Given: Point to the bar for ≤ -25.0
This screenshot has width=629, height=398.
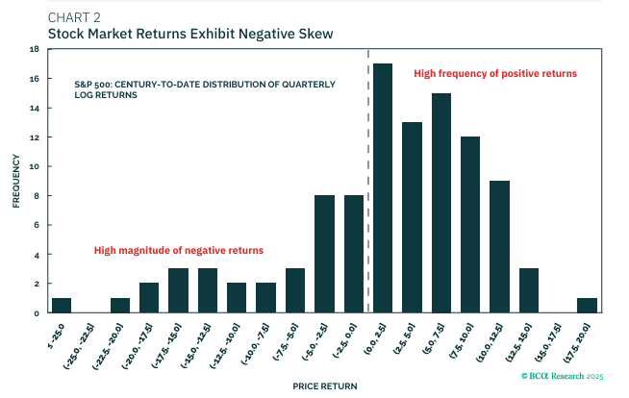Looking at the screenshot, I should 62,306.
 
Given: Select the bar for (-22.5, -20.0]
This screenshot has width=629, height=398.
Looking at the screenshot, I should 120,306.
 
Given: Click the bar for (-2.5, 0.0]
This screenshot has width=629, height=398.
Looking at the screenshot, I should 354,255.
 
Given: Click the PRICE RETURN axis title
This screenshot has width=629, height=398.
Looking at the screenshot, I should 326,386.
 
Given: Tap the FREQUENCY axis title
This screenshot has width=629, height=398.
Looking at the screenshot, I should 15,181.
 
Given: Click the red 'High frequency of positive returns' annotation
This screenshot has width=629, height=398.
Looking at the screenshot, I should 495,74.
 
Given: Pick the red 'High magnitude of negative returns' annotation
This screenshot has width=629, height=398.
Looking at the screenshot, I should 179,251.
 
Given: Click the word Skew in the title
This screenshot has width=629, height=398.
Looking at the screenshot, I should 314,34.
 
